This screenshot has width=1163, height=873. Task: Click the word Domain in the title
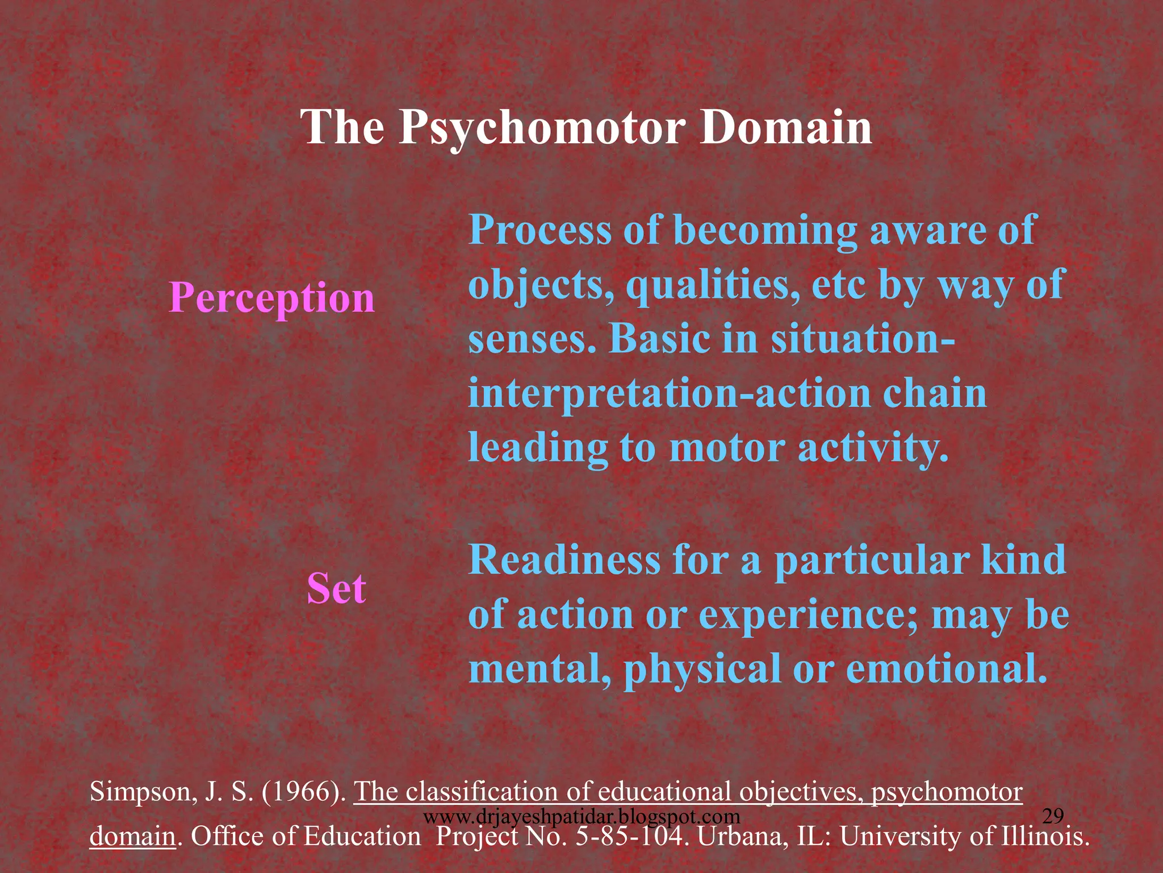coord(785,127)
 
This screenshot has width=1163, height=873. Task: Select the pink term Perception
coord(272,298)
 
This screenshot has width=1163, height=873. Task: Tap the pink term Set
coord(336,588)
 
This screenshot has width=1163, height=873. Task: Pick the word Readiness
coord(564,560)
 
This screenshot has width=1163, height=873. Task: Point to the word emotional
coord(946,669)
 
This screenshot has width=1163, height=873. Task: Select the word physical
coord(702,669)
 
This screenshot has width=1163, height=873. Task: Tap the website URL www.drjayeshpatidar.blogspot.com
coord(582,817)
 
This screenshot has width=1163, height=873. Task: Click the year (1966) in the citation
coord(304,792)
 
